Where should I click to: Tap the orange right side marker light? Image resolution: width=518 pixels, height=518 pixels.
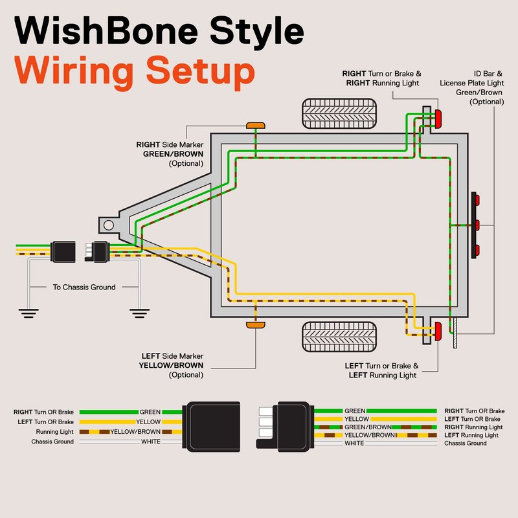pos(255,124)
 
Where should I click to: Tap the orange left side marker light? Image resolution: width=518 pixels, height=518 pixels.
pos(255,323)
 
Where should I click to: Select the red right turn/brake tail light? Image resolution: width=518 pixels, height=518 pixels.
pos(438,119)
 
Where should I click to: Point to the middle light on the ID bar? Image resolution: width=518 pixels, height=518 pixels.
pos(476,225)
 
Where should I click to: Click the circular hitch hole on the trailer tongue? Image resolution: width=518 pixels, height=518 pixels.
pos(109,225)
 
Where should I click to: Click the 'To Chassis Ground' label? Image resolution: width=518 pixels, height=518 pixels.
pos(84,287)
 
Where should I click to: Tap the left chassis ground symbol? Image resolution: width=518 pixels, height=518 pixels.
pos(28,313)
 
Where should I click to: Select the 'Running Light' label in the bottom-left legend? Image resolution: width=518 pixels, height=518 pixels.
pos(55,432)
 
